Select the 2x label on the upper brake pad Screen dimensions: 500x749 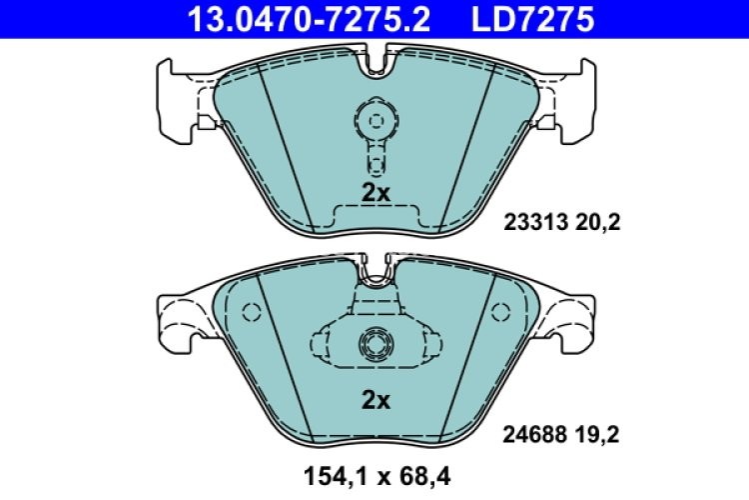375,194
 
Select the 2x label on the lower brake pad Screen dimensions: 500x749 375,401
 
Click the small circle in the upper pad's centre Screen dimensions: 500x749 376,121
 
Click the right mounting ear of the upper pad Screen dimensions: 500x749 570,100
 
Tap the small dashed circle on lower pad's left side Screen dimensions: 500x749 251,312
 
